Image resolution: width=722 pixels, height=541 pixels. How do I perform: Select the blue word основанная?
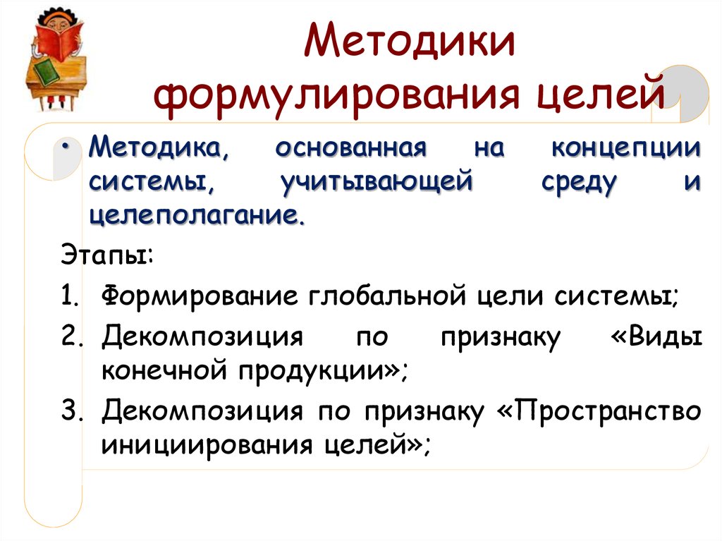coord(351,150)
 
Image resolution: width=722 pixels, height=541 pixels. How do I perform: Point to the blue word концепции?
coord(625,150)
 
